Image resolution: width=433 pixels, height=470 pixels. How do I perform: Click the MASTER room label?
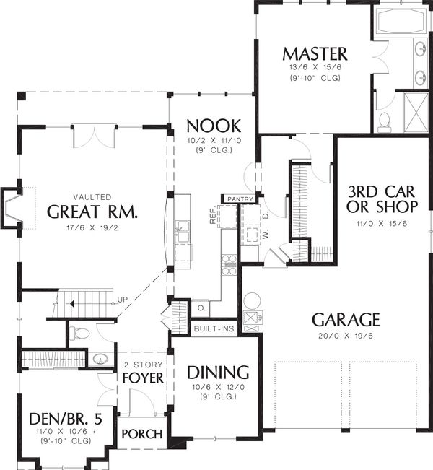tap(315, 53)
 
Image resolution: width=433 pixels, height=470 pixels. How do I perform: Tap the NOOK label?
tap(213, 123)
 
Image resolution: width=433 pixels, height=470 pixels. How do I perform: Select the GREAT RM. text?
tap(92, 212)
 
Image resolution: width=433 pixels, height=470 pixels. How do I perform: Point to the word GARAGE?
tap(346, 319)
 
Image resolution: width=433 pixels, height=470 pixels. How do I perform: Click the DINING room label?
tap(218, 373)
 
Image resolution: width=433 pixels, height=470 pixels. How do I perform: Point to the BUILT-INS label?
tap(214, 329)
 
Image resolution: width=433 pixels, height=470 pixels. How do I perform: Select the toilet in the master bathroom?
tap(385, 119)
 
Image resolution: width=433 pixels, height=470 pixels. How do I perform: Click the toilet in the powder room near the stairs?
tap(82, 334)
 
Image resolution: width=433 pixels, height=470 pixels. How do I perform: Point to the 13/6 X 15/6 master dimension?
tap(315, 67)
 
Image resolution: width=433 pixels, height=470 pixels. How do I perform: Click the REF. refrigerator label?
tap(213, 217)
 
